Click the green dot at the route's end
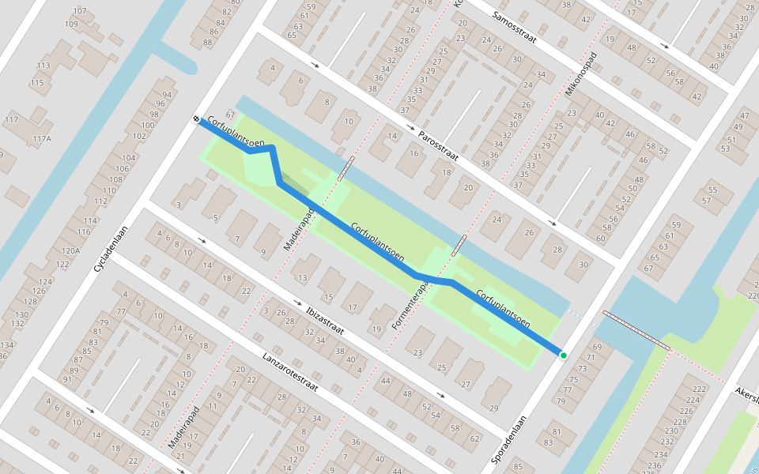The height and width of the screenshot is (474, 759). pos(563,355)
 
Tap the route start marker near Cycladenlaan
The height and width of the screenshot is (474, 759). pos(196,119)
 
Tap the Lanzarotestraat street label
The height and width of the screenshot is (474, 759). pos(289,372)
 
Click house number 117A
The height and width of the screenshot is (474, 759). pos(41,139)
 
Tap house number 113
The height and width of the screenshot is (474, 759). pos(43,66)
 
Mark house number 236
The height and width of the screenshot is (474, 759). pos(654,465)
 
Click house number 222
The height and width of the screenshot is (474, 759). pos(698,389)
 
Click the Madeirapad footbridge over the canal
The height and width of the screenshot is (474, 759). pos(346,167)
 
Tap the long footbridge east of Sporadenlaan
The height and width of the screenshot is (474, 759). pos(636,329)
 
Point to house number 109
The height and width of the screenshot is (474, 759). pos(71,24)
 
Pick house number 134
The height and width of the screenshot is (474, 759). pos(7,345)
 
